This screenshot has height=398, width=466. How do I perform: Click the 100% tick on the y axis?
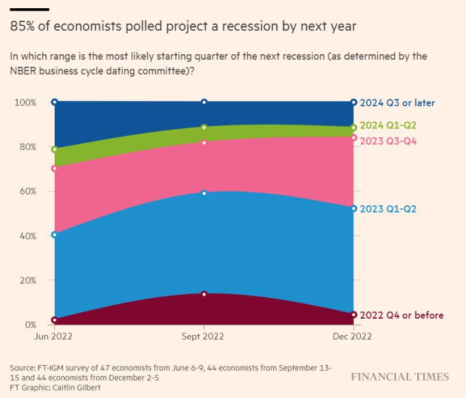[x=26, y=102]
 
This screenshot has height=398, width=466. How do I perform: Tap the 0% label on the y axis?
[x=30, y=325]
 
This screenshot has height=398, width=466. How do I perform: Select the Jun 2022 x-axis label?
[x=54, y=336]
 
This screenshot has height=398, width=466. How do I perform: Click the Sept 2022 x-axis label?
[x=203, y=336]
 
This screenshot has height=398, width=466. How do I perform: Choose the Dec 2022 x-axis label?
[x=353, y=336]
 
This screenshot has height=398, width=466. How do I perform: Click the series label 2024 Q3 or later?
[x=397, y=103]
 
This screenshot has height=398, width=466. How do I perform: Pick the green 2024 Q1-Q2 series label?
[x=388, y=125]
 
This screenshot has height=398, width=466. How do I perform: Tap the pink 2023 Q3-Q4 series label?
[x=388, y=141]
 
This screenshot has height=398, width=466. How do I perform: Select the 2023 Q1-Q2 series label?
[x=388, y=208]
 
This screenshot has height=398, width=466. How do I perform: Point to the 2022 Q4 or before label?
[x=402, y=315]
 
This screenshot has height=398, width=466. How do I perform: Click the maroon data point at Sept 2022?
[x=204, y=294]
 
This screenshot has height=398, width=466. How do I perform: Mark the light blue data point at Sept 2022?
[x=204, y=193]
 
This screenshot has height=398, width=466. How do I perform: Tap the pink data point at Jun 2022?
[x=55, y=169]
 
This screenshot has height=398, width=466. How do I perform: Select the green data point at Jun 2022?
[x=55, y=150]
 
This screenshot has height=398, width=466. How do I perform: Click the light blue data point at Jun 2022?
[x=55, y=235]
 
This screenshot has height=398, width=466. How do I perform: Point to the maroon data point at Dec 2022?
[x=354, y=314]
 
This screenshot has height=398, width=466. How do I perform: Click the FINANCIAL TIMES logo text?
[x=400, y=377]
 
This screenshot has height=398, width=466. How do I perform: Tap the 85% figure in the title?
[x=22, y=26]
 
